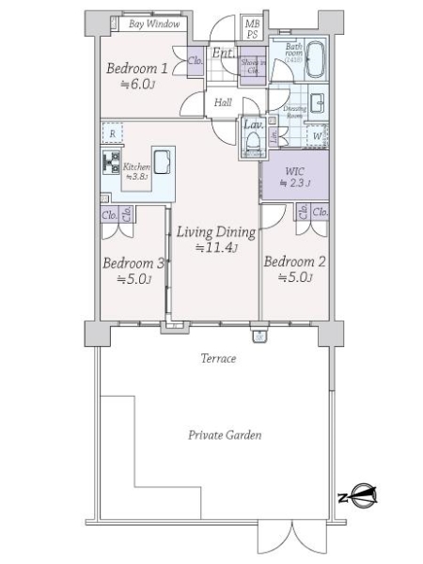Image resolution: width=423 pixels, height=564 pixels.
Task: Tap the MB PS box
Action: [x=252, y=28]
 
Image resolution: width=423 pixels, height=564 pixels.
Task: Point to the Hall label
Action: [x=223, y=102]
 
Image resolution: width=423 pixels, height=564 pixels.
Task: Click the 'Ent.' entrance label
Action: [x=223, y=54]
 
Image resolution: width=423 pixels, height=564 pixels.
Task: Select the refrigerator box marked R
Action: [x=112, y=134]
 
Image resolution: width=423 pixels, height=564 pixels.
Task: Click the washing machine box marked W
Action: [x=318, y=136]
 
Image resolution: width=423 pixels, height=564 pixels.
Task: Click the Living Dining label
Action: [x=215, y=239]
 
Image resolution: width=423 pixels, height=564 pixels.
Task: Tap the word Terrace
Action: [x=217, y=358]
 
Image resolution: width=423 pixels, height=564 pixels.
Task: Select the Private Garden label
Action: [x=224, y=435]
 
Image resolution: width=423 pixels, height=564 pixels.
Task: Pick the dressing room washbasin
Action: [x=319, y=103]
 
